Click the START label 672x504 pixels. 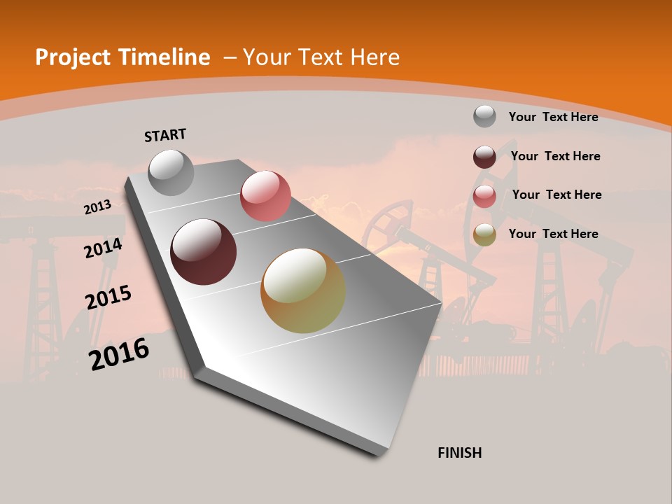pyautogui.click(x=165, y=135)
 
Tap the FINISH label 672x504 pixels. pyautogui.click(x=460, y=453)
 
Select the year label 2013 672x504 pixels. pyautogui.click(x=97, y=207)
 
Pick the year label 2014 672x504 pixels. pyautogui.click(x=103, y=248)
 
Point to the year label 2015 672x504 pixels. pyautogui.click(x=108, y=297)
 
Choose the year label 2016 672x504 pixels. pyautogui.click(x=119, y=354)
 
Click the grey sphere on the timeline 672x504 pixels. pyautogui.click(x=171, y=172)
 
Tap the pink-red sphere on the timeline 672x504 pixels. pyautogui.click(x=265, y=196)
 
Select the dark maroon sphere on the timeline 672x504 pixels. pyautogui.click(x=204, y=252)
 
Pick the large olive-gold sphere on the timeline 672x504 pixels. pyautogui.click(x=303, y=290)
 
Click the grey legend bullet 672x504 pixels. pyautogui.click(x=484, y=116)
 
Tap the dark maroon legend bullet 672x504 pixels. pyautogui.click(x=484, y=157)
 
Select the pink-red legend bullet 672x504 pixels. pyautogui.click(x=484, y=196)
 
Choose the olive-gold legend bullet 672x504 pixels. pyautogui.click(x=484, y=235)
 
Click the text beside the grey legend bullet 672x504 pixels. pyautogui.click(x=553, y=117)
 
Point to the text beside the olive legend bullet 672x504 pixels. pyautogui.click(x=553, y=234)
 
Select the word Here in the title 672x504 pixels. pyautogui.click(x=374, y=57)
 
